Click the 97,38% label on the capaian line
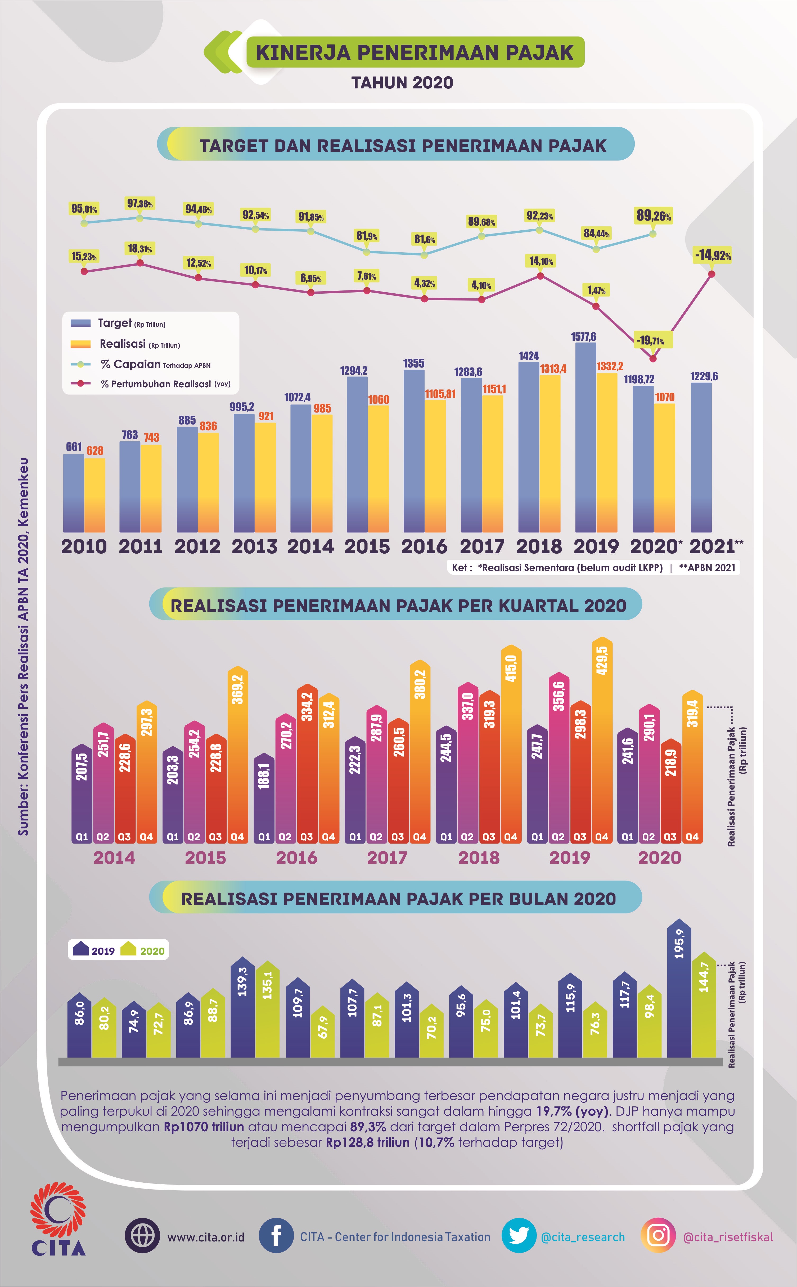coord(140,204)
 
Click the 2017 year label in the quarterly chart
coord(388,858)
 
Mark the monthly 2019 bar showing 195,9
coord(679,991)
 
